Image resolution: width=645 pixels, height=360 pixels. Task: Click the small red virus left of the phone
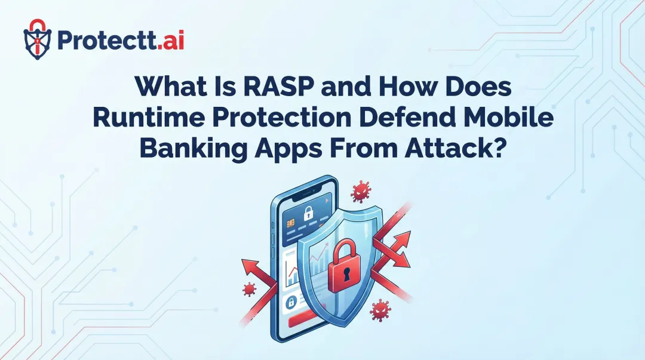tap(249, 290)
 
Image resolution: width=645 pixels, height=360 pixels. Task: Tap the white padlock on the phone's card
tap(309, 213)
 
